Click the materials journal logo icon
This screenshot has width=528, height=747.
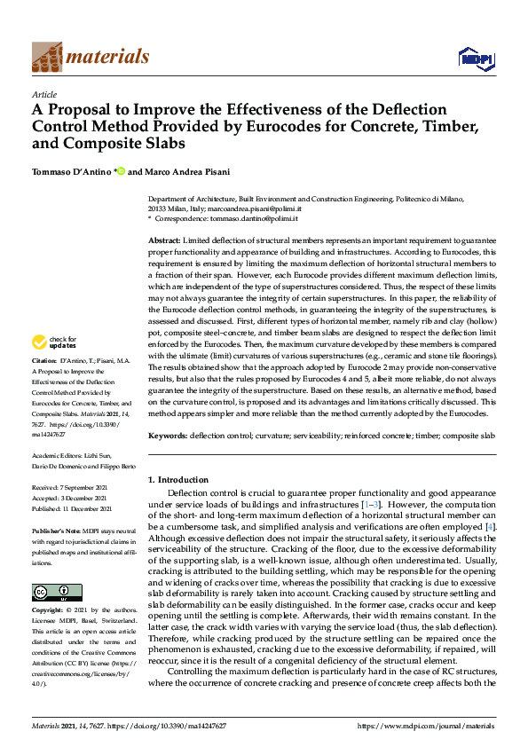[47, 58]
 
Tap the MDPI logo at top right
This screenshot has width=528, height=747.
[473, 59]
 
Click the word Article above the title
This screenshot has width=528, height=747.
[44, 94]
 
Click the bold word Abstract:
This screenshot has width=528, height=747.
[165, 241]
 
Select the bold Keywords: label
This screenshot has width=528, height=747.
[168, 436]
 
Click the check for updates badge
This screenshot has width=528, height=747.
[56, 342]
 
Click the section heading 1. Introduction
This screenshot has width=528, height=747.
[177, 480]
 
